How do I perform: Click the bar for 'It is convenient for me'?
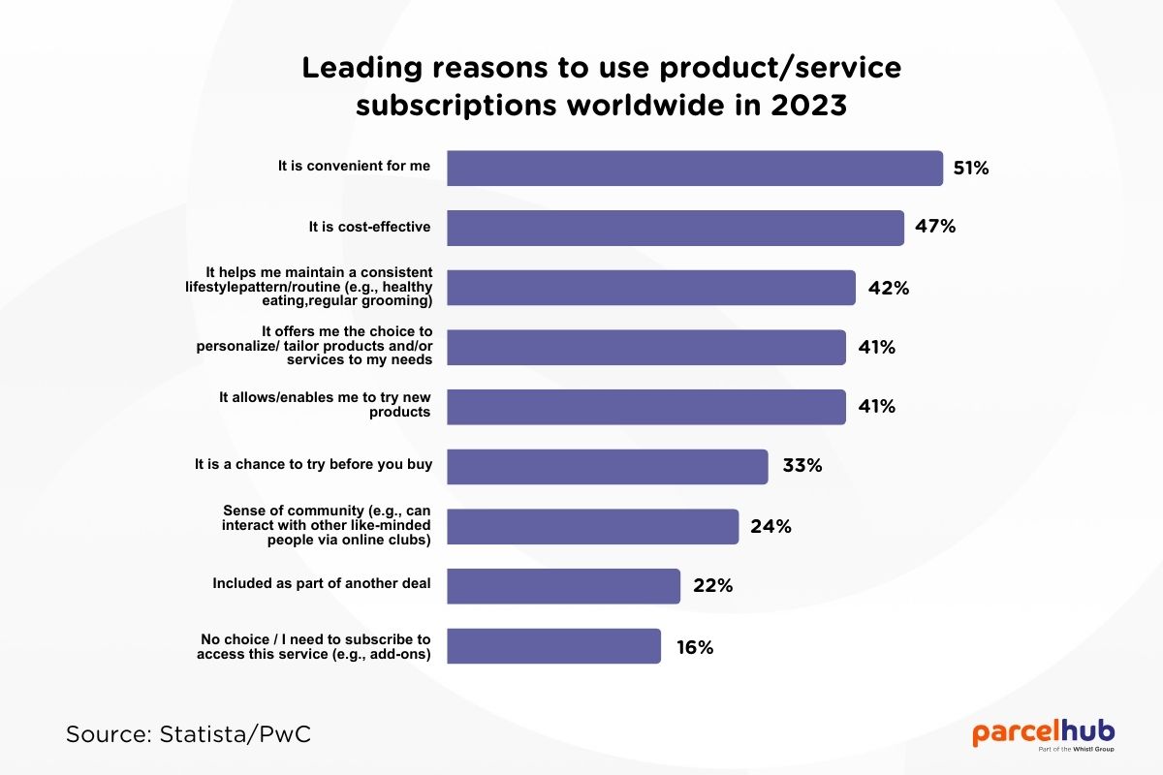694,168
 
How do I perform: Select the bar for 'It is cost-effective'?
675,228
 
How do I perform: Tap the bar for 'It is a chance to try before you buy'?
607,466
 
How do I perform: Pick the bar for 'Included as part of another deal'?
563,585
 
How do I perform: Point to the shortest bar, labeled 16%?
553,646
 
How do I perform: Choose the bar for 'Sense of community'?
592,526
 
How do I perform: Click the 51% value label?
970,169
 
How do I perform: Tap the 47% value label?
935,228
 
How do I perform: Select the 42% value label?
888,288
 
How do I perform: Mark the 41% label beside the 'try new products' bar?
876,407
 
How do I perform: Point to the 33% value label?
802,466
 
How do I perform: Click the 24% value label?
770,527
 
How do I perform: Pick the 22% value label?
712,586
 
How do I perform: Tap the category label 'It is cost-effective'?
369,227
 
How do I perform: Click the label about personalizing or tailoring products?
348,346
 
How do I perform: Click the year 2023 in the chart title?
808,105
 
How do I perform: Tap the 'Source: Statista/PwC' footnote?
189,734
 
